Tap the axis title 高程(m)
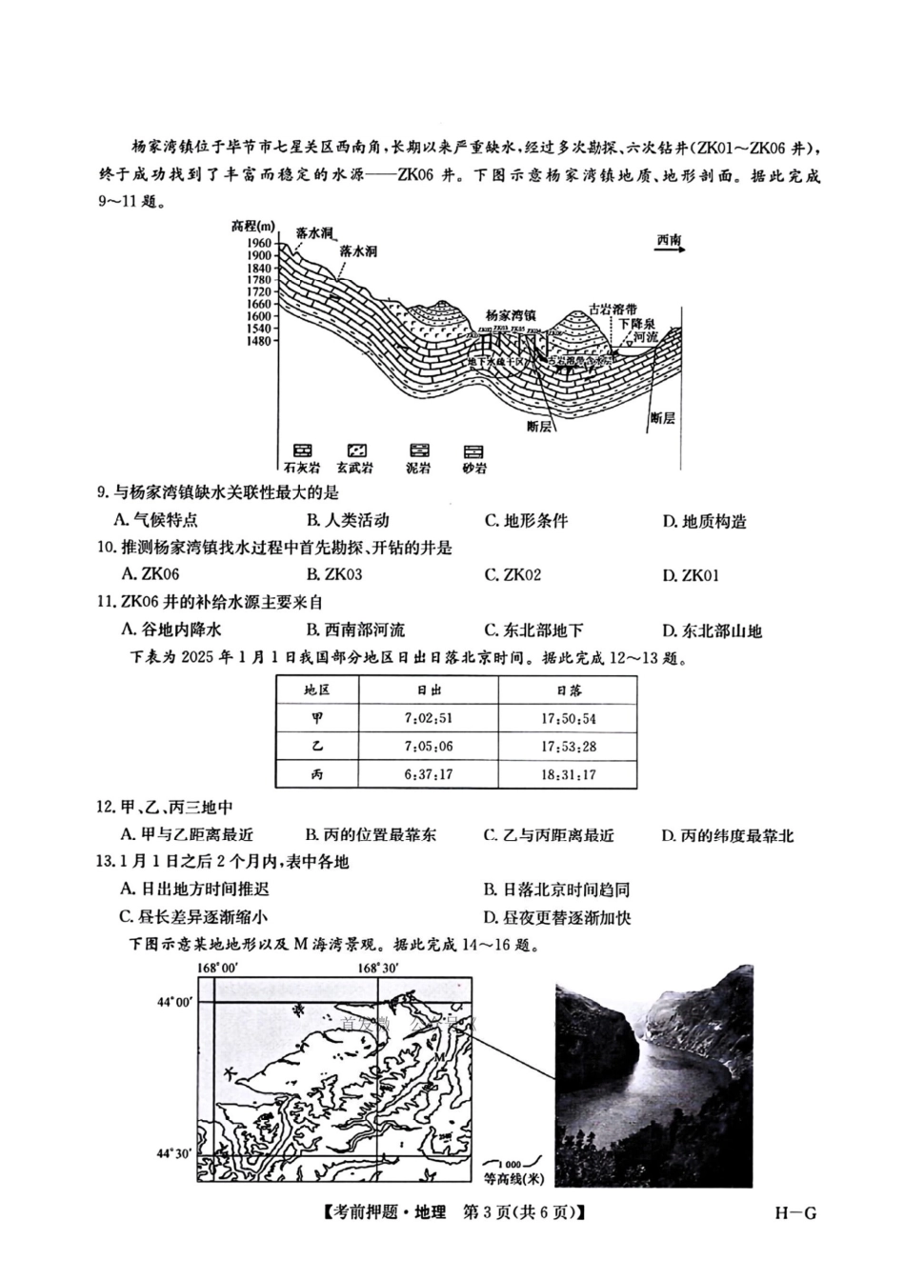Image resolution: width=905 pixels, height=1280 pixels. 251,227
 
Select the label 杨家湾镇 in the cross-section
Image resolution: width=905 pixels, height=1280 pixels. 511,315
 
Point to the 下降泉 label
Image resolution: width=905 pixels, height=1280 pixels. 637,323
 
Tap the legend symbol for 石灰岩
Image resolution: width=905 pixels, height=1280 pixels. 302,450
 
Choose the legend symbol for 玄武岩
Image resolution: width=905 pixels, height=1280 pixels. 355,450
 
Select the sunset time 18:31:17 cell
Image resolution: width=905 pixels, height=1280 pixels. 568,774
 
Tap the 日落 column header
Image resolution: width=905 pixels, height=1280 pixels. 568,690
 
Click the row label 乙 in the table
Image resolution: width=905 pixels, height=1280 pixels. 316,747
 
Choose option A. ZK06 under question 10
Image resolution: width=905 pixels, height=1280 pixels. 151,574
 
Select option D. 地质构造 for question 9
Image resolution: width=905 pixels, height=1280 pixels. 705,521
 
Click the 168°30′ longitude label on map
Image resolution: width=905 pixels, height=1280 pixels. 377,968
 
